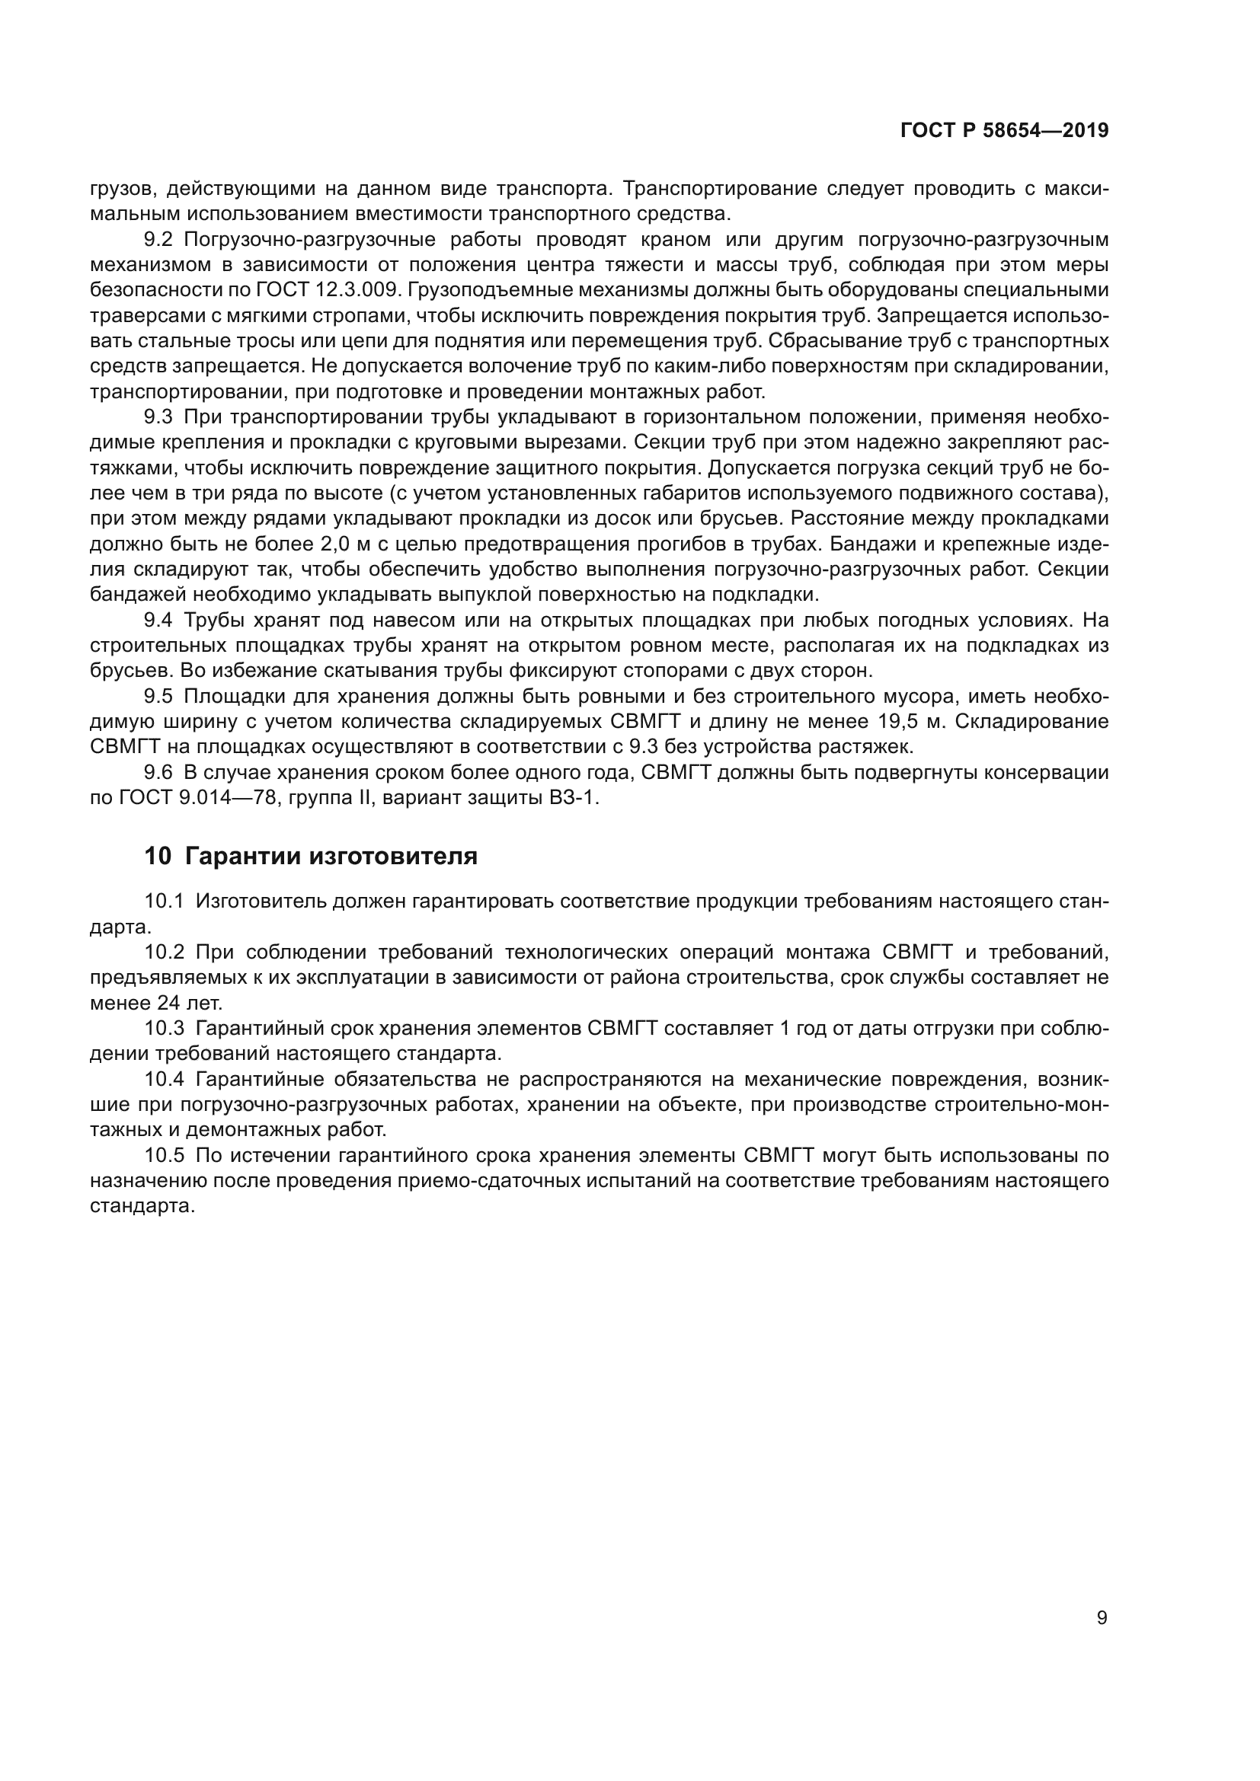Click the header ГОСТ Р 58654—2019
(1004, 131)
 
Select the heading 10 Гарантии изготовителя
(310, 857)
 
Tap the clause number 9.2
(158, 240)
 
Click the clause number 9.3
(158, 417)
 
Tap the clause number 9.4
(158, 621)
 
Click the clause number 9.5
(158, 697)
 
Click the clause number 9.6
(158, 774)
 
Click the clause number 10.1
(164, 902)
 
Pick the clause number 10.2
(164, 952)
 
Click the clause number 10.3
(164, 1029)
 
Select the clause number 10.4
(164, 1079)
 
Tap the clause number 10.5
(164, 1156)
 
